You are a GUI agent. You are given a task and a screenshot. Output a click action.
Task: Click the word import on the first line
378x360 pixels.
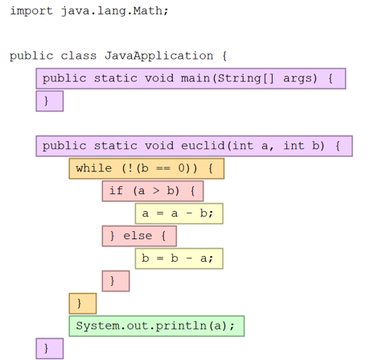[31, 11]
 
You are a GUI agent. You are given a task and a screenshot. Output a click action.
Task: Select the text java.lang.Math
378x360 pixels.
[112, 11]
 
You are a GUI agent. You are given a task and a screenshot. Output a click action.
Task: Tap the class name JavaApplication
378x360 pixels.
[158, 56]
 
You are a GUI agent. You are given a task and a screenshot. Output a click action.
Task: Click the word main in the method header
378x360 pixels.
[195, 78]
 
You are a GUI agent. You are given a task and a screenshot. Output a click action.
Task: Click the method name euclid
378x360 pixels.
[203, 146]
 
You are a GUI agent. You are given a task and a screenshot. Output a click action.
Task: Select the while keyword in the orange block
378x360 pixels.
[94, 168]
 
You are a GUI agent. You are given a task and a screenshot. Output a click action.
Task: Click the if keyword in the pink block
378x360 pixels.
[116, 191]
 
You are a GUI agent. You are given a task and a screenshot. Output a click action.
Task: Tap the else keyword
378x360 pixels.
[138, 236]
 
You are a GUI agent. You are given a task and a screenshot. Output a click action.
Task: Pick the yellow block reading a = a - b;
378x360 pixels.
[179, 213]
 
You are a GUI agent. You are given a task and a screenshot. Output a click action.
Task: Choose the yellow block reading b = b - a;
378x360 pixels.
[179, 259]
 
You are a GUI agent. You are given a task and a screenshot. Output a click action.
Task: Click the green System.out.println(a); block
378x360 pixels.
[157, 326]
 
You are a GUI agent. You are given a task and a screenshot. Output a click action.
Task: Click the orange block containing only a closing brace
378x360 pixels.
[83, 304]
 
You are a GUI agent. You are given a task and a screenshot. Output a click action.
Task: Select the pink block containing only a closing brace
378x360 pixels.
[116, 281]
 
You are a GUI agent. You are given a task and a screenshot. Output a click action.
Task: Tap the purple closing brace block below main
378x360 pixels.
[50, 101]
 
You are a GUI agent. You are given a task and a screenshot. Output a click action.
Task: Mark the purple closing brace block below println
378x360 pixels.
[50, 349]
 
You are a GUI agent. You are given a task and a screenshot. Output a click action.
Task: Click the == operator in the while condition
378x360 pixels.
[163, 168]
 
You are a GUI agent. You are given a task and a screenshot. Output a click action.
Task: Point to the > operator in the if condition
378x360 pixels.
[156, 191]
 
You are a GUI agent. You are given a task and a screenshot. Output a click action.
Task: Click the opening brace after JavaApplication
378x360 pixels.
[224, 56]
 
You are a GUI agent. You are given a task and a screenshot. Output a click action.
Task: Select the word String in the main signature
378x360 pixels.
[239, 79]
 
